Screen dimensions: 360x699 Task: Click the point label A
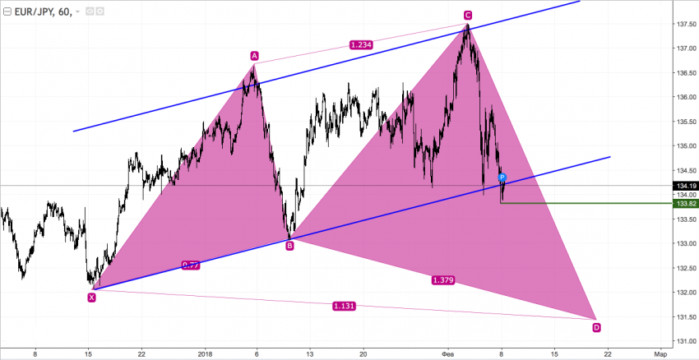coord(255,56)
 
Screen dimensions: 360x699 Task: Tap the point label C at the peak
coord(467,15)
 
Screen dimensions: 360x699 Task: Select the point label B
coord(289,245)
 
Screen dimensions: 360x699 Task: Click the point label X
coord(91,298)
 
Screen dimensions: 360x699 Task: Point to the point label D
coord(596,327)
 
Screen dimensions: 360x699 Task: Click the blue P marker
coord(502,178)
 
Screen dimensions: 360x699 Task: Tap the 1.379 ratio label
coord(443,280)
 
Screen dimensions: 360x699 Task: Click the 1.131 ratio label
coord(344,306)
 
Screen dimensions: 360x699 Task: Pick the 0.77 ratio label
coord(190,265)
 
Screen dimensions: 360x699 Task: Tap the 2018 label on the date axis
coord(206,353)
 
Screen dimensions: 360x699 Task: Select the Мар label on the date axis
coord(660,353)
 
